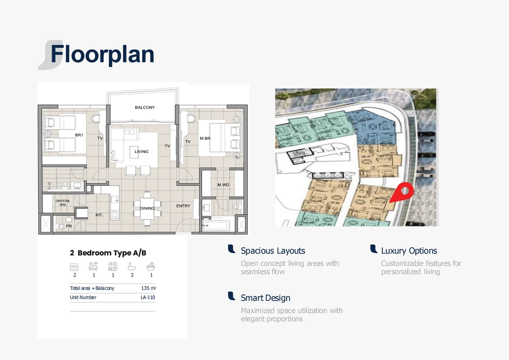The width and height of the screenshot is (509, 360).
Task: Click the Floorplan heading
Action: coord(102,55)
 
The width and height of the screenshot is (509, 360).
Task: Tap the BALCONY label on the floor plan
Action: coord(145,107)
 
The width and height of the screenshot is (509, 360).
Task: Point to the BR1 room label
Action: coord(79,135)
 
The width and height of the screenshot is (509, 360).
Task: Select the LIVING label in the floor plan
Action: coord(142,152)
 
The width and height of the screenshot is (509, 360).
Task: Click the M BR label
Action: coord(205,138)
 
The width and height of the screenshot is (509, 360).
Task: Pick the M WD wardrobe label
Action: coord(223,184)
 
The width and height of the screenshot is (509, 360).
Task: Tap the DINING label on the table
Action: coord(147,208)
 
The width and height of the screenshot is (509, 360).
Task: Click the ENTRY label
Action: coord(183,206)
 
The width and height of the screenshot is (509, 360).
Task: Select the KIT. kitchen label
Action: coord(99,215)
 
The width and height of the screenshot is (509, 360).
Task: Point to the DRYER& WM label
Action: coord(63,203)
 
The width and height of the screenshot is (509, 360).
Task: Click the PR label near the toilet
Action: coord(69,226)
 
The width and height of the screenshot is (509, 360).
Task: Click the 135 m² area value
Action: coord(148,288)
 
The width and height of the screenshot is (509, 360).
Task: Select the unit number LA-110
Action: coord(148,297)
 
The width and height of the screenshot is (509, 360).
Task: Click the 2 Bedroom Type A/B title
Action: coord(108,253)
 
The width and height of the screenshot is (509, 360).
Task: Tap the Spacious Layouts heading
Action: coord(273,251)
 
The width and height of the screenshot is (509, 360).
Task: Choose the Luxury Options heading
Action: coord(409,251)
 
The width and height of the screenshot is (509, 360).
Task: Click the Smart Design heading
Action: coord(265,298)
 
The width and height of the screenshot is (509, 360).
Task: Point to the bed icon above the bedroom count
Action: coord(75,267)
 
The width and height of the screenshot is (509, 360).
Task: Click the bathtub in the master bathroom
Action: coord(216,225)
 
